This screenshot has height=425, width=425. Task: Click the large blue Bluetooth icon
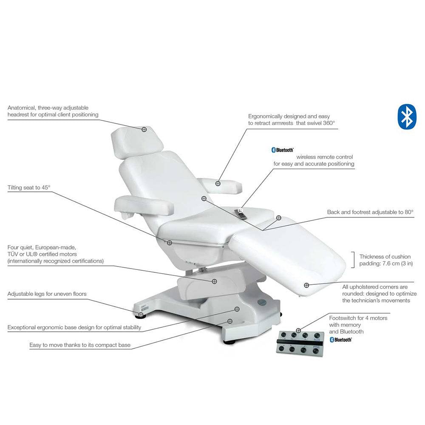click(x=407, y=116)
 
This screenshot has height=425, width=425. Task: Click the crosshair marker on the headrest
click(x=144, y=128)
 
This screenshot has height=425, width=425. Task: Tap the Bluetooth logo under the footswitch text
click(x=340, y=340)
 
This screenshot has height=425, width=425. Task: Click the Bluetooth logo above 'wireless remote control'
click(x=283, y=150)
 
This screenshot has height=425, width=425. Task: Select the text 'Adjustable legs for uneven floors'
click(x=47, y=294)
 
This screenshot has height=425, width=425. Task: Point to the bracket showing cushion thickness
click(x=353, y=260)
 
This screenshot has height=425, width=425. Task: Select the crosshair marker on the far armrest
click(x=218, y=183)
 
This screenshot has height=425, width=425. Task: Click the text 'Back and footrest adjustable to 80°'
click(x=370, y=212)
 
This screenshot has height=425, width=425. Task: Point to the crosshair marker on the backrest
click(x=204, y=198)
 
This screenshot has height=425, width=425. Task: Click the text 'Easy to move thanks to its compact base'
click(x=80, y=345)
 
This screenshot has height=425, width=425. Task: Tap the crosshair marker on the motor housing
click(x=214, y=281)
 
